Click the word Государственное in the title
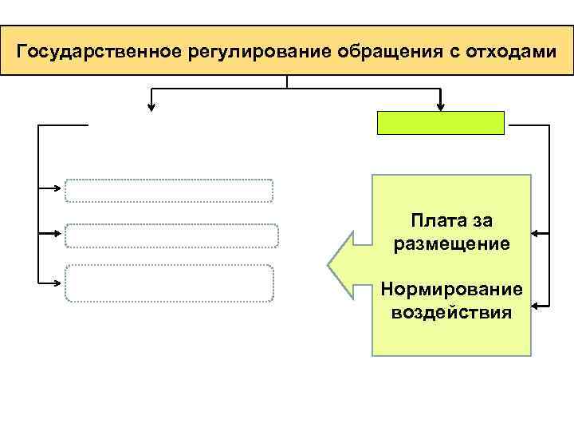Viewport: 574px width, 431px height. pyautogui.click(x=100, y=53)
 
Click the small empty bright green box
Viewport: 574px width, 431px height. pyautogui.click(x=441, y=122)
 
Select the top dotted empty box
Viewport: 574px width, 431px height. pyautogui.click(x=169, y=190)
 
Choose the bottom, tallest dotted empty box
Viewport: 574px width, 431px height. pyautogui.click(x=169, y=283)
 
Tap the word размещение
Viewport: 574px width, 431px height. pyautogui.click(x=451, y=243)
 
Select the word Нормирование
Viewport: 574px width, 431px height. pyautogui.click(x=451, y=287)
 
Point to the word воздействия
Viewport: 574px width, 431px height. pyautogui.click(x=451, y=310)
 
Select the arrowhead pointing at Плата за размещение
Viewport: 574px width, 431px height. pyautogui.click(x=537, y=234)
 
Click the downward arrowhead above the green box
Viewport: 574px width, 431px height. pyautogui.click(x=441, y=105)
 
